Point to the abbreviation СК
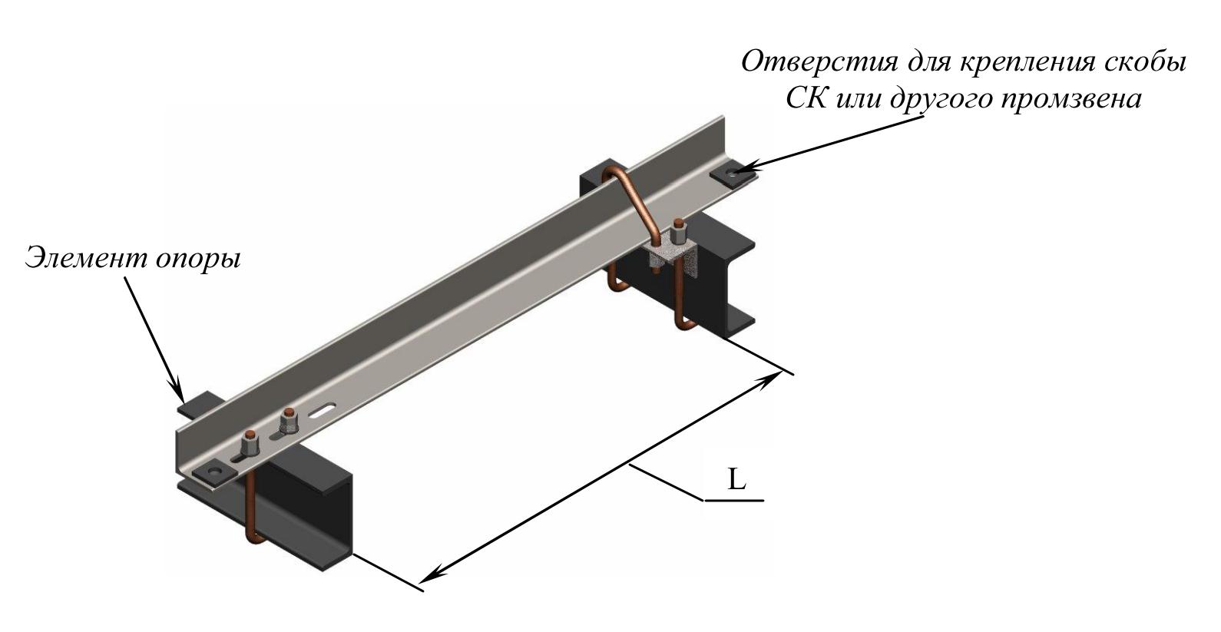pos(806,99)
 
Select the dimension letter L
pos(736,481)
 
